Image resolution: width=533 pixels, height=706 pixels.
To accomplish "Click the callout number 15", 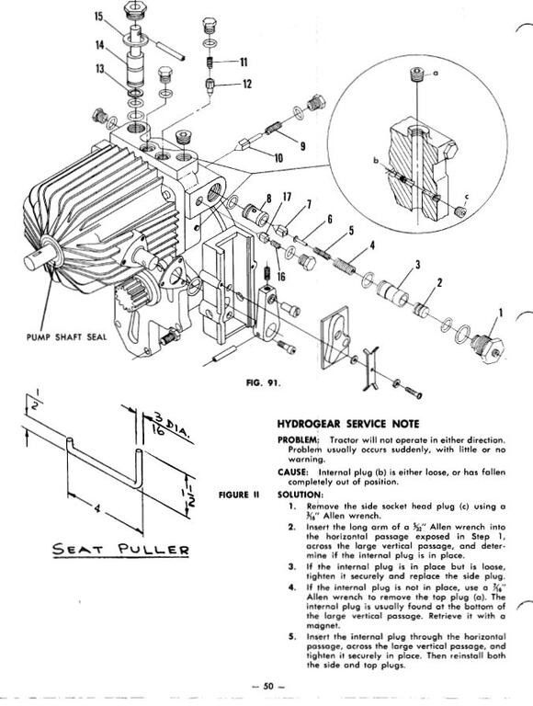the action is (x=98, y=17).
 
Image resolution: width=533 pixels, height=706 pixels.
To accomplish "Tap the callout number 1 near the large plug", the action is (x=501, y=312).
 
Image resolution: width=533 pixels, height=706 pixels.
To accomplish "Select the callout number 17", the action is (x=287, y=197).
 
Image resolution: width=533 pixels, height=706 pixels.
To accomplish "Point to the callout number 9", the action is (x=303, y=146).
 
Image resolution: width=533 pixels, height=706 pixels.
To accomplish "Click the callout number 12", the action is (x=246, y=84).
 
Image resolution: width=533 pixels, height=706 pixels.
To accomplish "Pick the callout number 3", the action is (x=418, y=265).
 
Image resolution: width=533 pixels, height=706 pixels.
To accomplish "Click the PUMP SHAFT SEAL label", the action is (x=67, y=336).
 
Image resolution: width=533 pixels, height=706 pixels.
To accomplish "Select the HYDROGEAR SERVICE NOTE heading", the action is (x=348, y=424).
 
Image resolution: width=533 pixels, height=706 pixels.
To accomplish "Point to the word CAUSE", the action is (x=292, y=472).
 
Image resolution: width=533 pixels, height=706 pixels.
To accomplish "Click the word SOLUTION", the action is (x=298, y=494).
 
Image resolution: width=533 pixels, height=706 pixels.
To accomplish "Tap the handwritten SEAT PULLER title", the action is (x=121, y=550).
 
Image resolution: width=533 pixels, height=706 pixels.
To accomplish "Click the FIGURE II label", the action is (x=239, y=495).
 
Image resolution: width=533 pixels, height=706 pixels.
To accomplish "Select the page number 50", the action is (x=268, y=686).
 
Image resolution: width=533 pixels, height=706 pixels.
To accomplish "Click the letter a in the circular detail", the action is (x=435, y=73).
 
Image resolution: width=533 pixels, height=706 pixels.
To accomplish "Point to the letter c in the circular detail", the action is (x=467, y=197).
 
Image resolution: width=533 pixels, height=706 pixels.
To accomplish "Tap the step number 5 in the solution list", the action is (x=291, y=637).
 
